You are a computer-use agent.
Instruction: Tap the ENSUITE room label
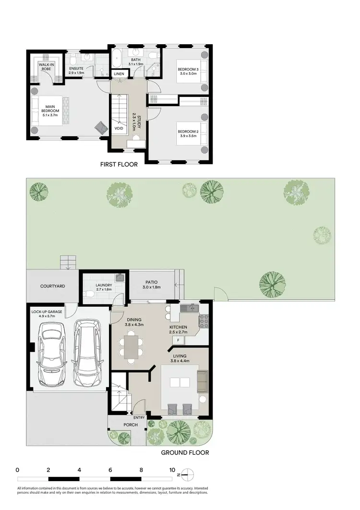(77, 68)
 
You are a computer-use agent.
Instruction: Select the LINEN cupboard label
(119, 73)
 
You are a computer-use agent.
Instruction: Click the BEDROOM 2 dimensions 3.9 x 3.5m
(187, 136)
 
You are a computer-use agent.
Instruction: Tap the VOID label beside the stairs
(118, 128)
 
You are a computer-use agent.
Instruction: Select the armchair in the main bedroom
(102, 126)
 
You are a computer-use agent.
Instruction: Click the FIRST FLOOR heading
(119, 164)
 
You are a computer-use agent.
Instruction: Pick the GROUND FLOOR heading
(185, 452)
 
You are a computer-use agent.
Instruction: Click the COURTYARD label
(53, 286)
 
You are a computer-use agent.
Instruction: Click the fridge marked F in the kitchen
(178, 340)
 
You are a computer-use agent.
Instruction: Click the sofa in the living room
(202, 382)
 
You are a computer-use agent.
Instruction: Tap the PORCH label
(126, 425)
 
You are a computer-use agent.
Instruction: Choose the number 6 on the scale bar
(110, 470)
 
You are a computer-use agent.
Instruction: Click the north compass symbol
(188, 474)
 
